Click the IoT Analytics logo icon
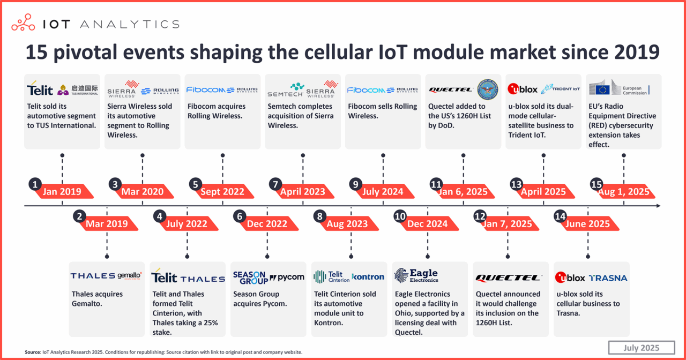[23, 24]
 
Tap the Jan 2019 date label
[63, 192]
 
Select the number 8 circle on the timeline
[320, 216]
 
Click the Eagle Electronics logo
[417, 276]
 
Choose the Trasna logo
[608, 278]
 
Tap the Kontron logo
[368, 277]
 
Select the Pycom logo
[287, 277]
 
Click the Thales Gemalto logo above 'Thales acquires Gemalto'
[106, 276]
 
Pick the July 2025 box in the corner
[641, 347]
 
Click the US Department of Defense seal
[487, 89]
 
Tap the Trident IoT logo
[561, 89]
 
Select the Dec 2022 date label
[267, 224]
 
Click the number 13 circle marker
[516, 184]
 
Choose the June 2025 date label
[587, 224]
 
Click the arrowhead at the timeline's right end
[658, 206]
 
